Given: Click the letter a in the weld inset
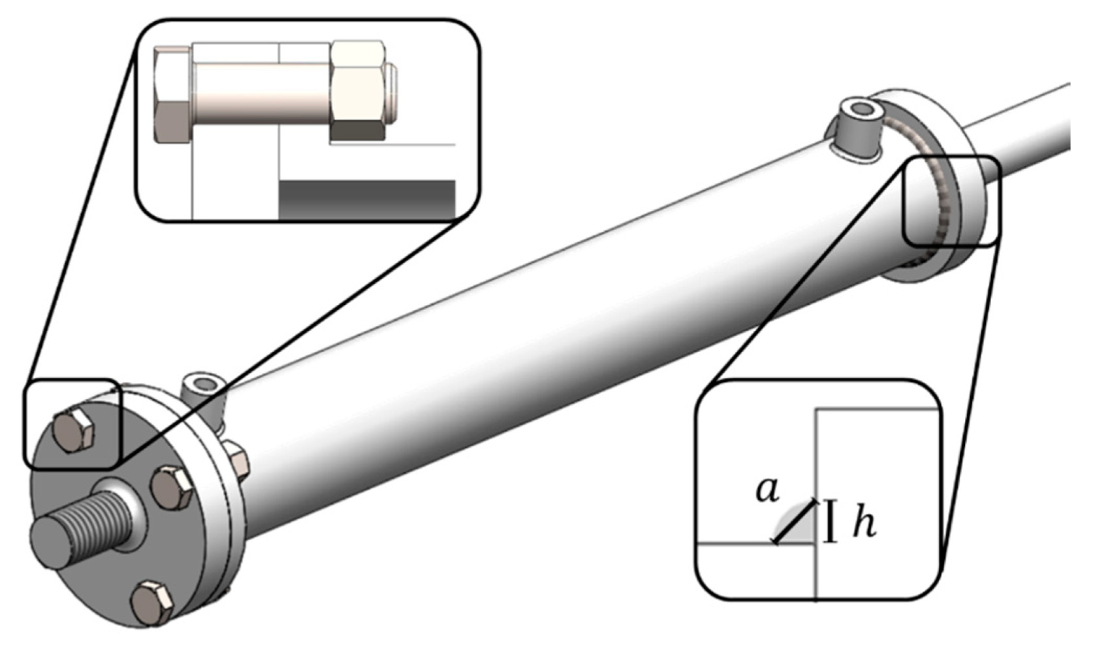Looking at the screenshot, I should point(767,490).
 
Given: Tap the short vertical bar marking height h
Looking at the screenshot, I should point(830,521).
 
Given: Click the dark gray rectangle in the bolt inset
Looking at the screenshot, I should point(366,199).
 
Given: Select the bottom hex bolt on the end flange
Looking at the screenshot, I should point(153,602).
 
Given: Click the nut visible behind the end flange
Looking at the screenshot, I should point(238,460).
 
